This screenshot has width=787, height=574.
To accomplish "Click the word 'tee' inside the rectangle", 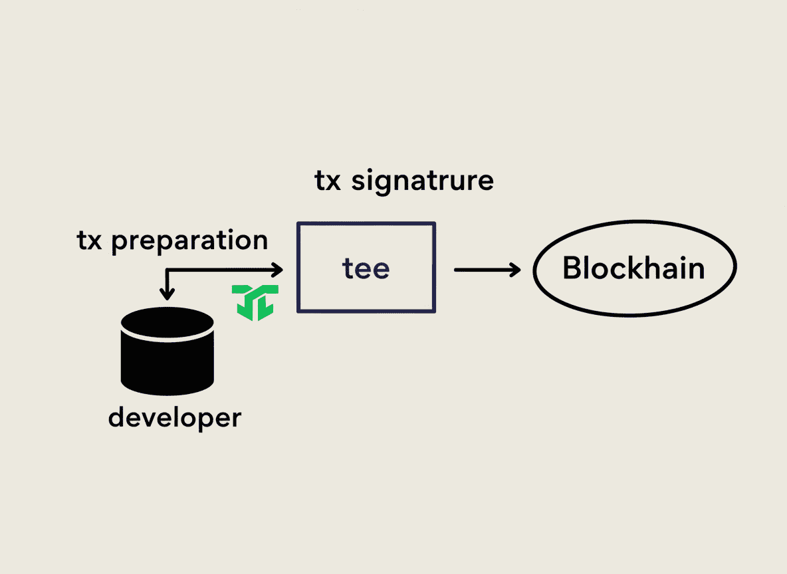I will coord(366,268).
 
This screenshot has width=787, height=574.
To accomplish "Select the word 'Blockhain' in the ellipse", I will coord(633,268).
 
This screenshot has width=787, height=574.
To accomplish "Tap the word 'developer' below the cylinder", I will coord(174,419).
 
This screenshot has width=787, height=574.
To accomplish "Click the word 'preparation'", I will coord(189,241).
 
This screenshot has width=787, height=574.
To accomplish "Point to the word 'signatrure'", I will coord(422,181).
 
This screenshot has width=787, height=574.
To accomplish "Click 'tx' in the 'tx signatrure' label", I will coord(328,181).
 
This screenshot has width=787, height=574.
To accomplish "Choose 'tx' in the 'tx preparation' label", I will coord(90,241).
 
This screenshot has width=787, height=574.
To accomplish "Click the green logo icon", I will coord(255,302).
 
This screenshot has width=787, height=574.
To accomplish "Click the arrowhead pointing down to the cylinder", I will coord(168,293).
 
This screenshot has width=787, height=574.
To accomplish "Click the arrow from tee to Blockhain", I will coord(485,269).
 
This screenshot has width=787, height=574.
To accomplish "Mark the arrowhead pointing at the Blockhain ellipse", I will coord(516,269).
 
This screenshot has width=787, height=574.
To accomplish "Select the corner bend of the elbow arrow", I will coord(168,270).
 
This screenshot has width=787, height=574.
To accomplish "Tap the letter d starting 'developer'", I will coord(116,418).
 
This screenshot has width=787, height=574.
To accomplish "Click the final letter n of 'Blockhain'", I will coord(696,270).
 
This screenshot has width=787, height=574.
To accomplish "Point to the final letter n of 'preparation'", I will coord(260,241).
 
